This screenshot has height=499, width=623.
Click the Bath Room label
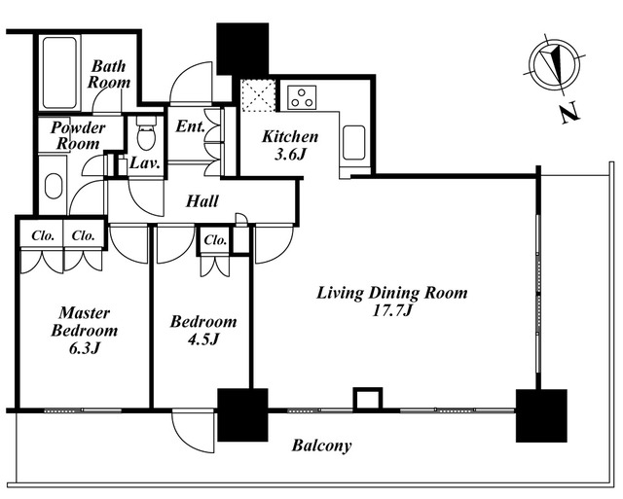point(108,74)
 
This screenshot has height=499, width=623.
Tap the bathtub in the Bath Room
point(59,73)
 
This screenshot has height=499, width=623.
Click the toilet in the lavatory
point(146,133)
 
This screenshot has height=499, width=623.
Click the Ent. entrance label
point(189,125)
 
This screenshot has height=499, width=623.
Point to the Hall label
point(202,202)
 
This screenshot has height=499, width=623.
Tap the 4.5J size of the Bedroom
point(202,339)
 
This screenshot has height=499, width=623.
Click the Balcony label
point(321,446)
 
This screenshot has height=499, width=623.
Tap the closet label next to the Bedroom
point(215,240)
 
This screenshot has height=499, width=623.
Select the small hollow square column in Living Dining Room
point(366,400)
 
